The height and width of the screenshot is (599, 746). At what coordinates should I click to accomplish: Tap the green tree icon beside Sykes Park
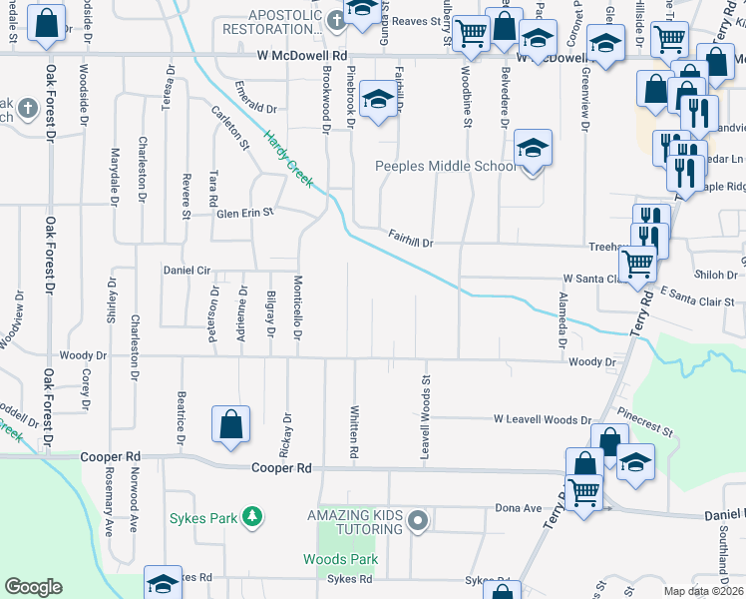tap(254, 516)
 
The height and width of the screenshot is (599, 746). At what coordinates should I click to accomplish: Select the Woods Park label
tap(340, 559)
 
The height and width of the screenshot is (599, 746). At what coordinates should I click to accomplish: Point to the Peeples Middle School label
tap(446, 166)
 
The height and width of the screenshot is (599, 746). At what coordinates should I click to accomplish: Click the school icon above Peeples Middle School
tap(533, 150)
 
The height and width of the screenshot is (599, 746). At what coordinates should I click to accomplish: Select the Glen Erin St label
tap(245, 213)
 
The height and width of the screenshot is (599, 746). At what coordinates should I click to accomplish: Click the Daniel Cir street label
tap(187, 271)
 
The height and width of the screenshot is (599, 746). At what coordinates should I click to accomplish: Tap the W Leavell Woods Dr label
tap(544, 420)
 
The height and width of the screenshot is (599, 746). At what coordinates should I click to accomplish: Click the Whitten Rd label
tap(354, 431)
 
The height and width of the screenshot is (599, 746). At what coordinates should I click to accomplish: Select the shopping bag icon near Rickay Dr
tap(230, 423)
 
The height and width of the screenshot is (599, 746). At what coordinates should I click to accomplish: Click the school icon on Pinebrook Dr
tap(377, 99)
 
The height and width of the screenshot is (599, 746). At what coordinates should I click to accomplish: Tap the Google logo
tap(34, 587)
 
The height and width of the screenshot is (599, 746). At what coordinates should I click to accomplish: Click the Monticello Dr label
tap(297, 306)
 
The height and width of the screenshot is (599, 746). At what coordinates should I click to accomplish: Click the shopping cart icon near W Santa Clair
tap(636, 264)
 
